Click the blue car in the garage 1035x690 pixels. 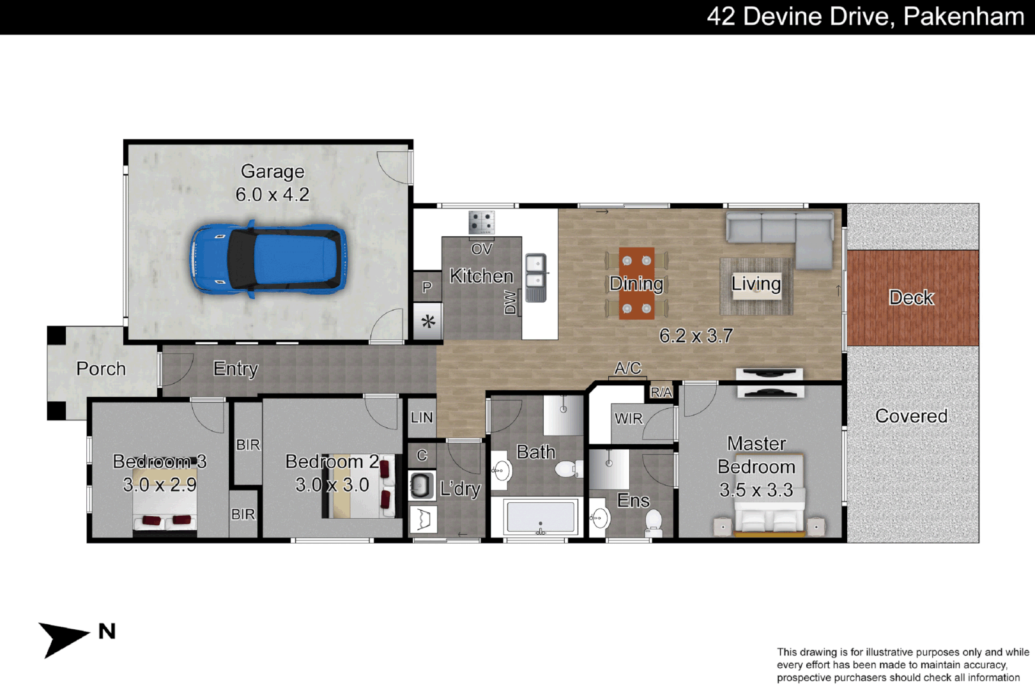pyautogui.click(x=268, y=259)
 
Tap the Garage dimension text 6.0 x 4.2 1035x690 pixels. pyautogui.click(x=272, y=194)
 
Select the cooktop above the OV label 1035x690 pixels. pyautogui.click(x=482, y=223)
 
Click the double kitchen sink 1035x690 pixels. pyautogui.click(x=535, y=277)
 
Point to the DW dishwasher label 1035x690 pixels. pyautogui.click(x=510, y=302)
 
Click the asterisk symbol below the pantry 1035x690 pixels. pyautogui.click(x=428, y=321)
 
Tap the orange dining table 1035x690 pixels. pyautogui.click(x=636, y=283)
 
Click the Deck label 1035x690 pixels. pyautogui.click(x=911, y=298)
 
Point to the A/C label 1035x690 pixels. pyautogui.click(x=627, y=368)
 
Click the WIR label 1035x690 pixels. pyautogui.click(x=628, y=418)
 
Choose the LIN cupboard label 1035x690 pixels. pyautogui.click(x=422, y=418)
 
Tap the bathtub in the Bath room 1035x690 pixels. pyautogui.click(x=540, y=517)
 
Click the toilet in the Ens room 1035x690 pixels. pyautogui.click(x=653, y=521)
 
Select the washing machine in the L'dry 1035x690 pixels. pyautogui.click(x=420, y=486)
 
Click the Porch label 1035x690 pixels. pyautogui.click(x=101, y=369)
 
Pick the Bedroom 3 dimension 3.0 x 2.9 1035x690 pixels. pyautogui.click(x=160, y=485)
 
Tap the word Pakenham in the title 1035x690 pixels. pyautogui.click(x=963, y=17)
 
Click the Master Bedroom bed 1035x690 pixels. pyautogui.click(x=769, y=511)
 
